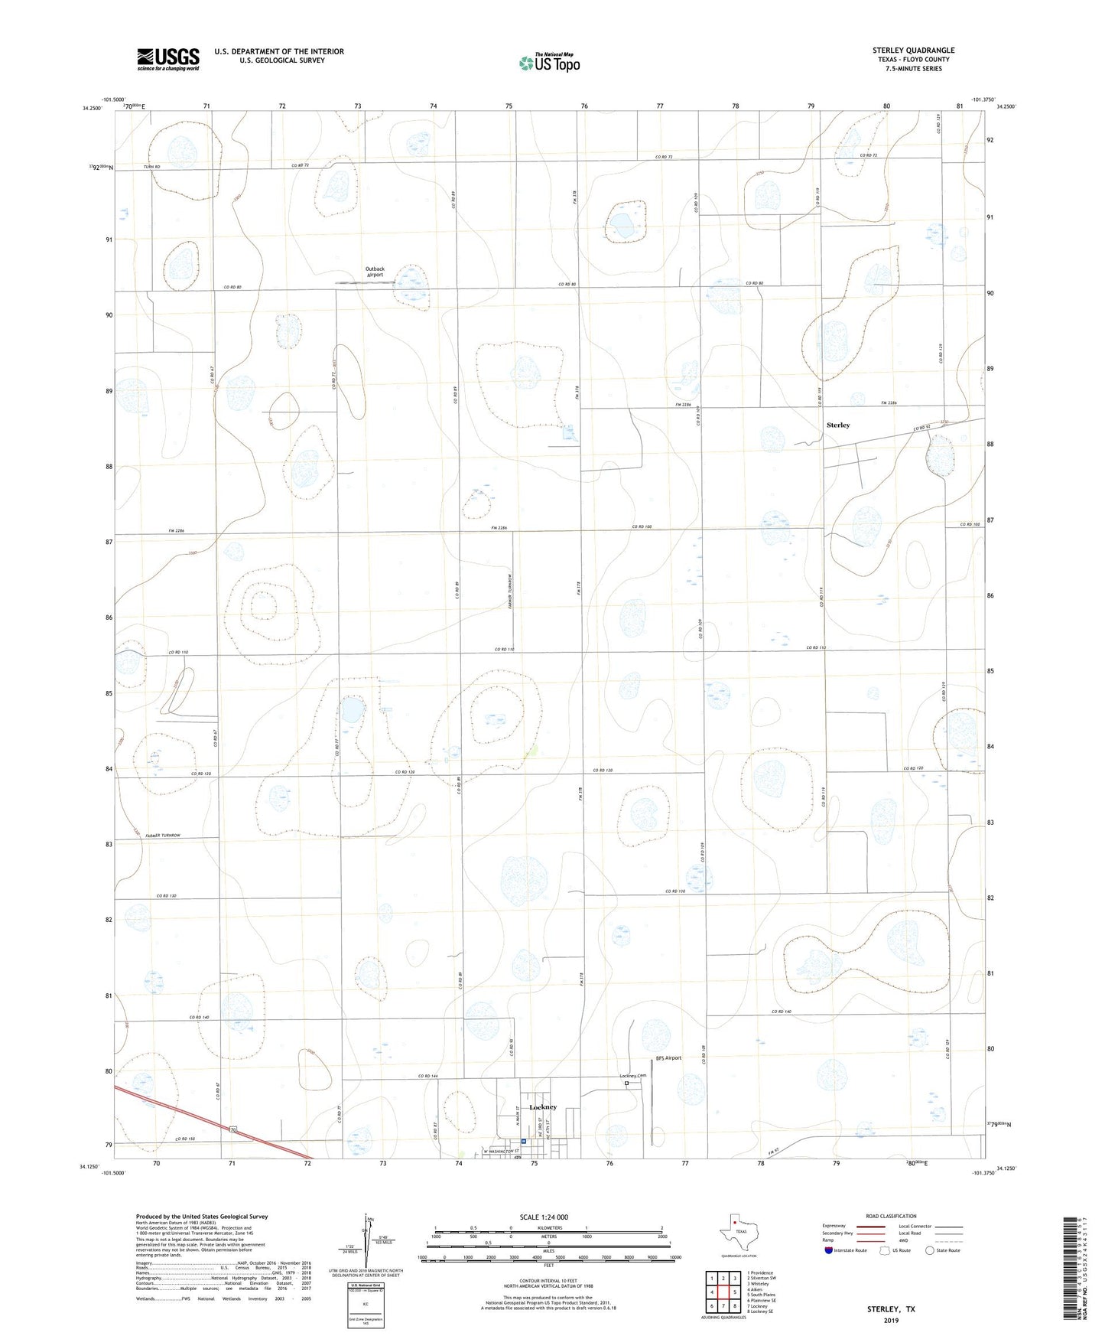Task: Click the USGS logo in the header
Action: [168, 59]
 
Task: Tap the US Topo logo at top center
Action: [549, 63]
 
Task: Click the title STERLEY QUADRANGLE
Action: [913, 51]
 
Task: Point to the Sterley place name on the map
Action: [838, 425]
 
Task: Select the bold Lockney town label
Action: [543, 1107]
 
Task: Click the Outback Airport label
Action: [375, 272]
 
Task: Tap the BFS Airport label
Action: [668, 1058]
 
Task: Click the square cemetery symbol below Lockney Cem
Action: [626, 1083]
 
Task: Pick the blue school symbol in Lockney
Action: [524, 1142]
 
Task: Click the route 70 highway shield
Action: [231, 1129]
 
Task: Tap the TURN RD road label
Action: [152, 166]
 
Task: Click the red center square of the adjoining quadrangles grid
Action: [723, 1292]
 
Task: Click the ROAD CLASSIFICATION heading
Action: [891, 1216]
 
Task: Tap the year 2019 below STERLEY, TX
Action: [891, 1321]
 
